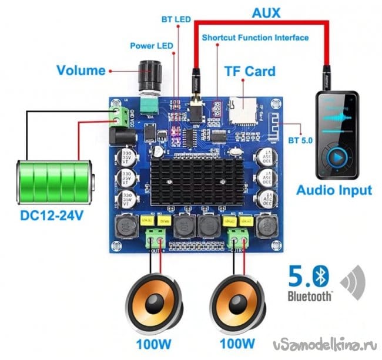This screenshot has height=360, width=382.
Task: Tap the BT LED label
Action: pyautogui.click(x=176, y=19)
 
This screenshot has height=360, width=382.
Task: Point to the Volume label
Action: pyautogui.click(x=81, y=71)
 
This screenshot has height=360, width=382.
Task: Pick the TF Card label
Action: pyautogui.click(x=250, y=72)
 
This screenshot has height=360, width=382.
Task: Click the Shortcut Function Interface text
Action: pyautogui.click(x=255, y=38)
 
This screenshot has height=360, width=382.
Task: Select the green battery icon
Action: pyautogui.click(x=51, y=180)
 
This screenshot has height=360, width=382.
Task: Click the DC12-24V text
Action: pyautogui.click(x=52, y=216)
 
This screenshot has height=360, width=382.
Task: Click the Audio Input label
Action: pyautogui.click(x=334, y=191)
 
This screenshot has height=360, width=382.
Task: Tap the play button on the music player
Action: pyautogui.click(x=337, y=157)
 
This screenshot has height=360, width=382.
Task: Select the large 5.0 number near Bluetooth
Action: pyautogui.click(x=300, y=276)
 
